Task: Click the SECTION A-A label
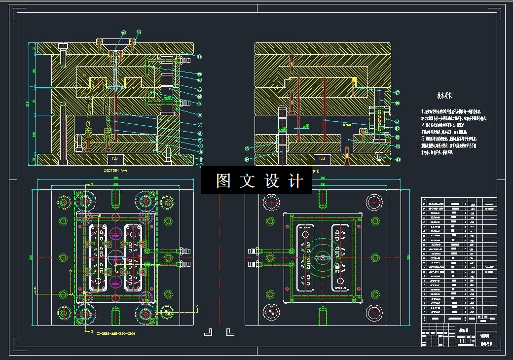(x=115, y=170)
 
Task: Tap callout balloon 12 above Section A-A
(x=123, y=33)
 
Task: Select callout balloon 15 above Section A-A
(x=139, y=32)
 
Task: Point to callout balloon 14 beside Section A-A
(x=199, y=57)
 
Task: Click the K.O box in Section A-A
(x=115, y=159)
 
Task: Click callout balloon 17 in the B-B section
(x=397, y=92)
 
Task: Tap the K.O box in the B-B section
(x=322, y=159)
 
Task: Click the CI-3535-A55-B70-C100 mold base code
(x=115, y=333)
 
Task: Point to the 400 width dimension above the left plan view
(x=115, y=178)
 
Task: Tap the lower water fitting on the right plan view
(x=253, y=265)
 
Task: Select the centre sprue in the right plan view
(x=322, y=257)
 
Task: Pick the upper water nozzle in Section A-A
(x=185, y=60)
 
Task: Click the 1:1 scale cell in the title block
(x=473, y=340)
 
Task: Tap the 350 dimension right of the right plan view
(x=408, y=257)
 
